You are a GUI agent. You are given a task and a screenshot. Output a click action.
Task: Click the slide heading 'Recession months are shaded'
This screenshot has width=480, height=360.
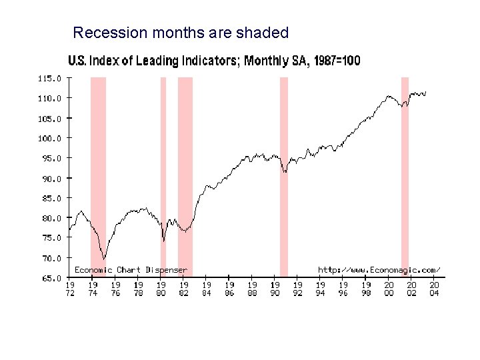coord(181,32)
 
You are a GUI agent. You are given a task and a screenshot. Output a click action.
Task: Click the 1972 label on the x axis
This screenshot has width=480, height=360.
coord(70,289)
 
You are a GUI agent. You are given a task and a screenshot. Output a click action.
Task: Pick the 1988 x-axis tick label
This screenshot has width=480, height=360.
coord(252,289)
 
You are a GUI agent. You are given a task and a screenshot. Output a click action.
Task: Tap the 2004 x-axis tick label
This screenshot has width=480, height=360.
coord(434,289)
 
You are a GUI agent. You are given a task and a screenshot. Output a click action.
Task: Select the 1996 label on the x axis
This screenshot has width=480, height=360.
coord(343,289)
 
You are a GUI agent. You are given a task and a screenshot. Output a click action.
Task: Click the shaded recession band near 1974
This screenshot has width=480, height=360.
coord(98,173)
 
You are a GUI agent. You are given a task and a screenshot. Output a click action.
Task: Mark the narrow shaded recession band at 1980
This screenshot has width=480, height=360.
coord(163,173)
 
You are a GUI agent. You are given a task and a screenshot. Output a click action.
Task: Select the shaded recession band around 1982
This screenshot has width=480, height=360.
coord(185,173)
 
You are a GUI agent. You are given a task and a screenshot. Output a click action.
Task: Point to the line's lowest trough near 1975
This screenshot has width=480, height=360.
coord(103,259)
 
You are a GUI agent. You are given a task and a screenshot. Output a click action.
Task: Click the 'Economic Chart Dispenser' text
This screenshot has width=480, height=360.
coord(131,270)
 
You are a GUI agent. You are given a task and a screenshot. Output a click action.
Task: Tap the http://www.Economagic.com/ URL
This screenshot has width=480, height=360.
coord(379,270)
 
